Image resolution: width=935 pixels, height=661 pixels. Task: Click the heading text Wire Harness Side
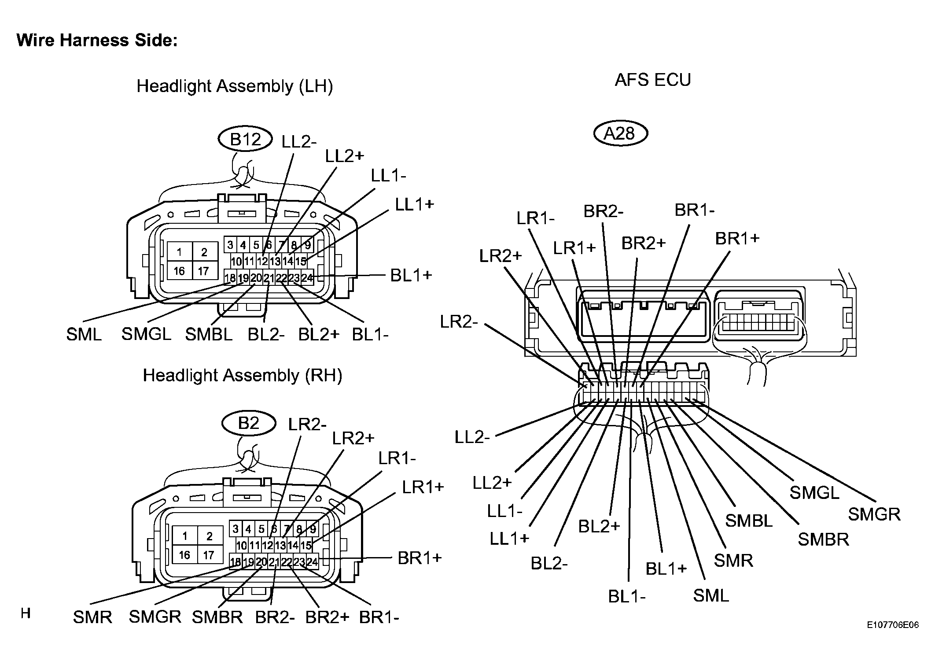tap(97, 41)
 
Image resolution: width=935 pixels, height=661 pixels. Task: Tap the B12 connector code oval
tap(246, 140)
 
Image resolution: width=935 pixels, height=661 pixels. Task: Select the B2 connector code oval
tap(249, 423)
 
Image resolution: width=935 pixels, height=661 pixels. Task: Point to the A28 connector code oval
tap(620, 133)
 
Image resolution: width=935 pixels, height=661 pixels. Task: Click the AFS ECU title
tap(653, 80)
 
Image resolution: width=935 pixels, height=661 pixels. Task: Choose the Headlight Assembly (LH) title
tap(235, 86)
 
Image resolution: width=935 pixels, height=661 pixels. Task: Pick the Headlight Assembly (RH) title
tap(243, 376)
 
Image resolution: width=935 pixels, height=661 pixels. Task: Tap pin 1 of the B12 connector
tap(180, 252)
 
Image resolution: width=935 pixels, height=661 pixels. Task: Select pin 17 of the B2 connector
tap(209, 555)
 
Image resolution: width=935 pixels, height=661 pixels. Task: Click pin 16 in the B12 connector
tap(180, 271)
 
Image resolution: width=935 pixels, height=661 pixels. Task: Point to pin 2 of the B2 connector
tap(210, 536)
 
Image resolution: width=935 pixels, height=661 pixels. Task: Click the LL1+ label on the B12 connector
tap(415, 204)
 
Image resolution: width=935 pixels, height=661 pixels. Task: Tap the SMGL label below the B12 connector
tap(146, 334)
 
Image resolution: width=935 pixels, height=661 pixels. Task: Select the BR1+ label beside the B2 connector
tap(420, 558)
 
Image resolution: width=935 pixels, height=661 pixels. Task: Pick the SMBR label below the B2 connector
tap(217, 617)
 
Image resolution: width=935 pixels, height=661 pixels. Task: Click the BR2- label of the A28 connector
tap(604, 212)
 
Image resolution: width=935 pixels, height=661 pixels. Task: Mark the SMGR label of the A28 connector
tap(874, 514)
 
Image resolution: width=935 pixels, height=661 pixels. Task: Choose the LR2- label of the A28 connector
tap(459, 322)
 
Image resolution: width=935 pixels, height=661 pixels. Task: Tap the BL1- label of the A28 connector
tap(627, 597)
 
